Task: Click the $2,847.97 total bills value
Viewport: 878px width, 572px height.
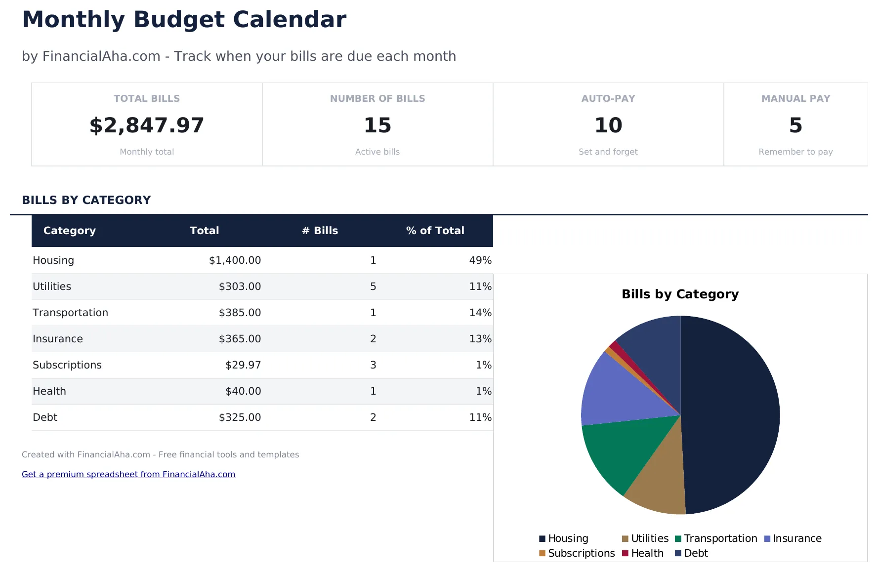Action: click(x=147, y=125)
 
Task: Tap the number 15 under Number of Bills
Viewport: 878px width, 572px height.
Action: click(x=377, y=125)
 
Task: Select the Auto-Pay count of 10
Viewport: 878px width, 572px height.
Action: click(x=608, y=125)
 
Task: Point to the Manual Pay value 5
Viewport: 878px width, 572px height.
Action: click(x=795, y=125)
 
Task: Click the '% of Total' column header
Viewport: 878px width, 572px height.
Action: click(x=435, y=231)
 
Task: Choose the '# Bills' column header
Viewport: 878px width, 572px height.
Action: click(x=320, y=231)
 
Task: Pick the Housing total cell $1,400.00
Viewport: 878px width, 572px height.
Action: click(x=235, y=260)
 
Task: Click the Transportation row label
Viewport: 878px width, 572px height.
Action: click(x=70, y=313)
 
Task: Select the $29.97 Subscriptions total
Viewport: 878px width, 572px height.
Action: click(x=243, y=365)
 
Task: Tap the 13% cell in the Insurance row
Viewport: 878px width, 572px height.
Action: click(x=480, y=339)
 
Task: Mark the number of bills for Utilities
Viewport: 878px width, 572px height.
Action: click(x=373, y=286)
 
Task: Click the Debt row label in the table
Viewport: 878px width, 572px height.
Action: click(x=45, y=417)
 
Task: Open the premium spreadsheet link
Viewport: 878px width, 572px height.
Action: click(x=128, y=474)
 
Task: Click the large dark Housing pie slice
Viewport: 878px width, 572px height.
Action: click(x=731, y=415)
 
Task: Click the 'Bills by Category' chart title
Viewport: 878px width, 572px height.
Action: click(x=680, y=294)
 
